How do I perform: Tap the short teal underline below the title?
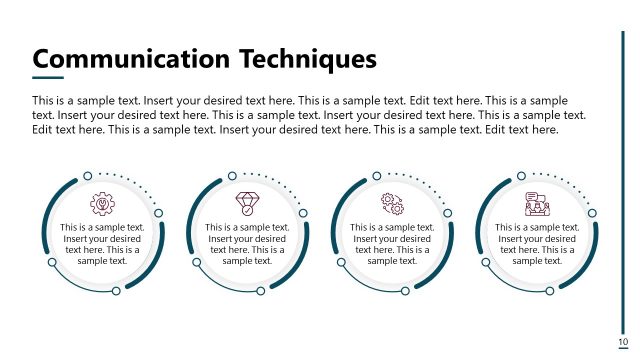(x=48, y=77)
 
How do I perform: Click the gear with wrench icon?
(x=102, y=204)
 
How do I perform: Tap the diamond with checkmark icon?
(x=247, y=204)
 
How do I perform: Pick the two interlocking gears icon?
(x=392, y=204)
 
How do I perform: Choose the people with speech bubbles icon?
(x=537, y=204)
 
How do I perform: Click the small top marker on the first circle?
(x=88, y=175)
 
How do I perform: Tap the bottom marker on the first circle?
(x=116, y=291)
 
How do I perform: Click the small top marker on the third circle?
(x=378, y=175)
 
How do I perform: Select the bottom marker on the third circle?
(x=406, y=291)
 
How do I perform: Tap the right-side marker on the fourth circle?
(x=592, y=212)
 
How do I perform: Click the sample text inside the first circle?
(x=102, y=244)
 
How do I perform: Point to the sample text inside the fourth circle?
(x=537, y=244)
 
